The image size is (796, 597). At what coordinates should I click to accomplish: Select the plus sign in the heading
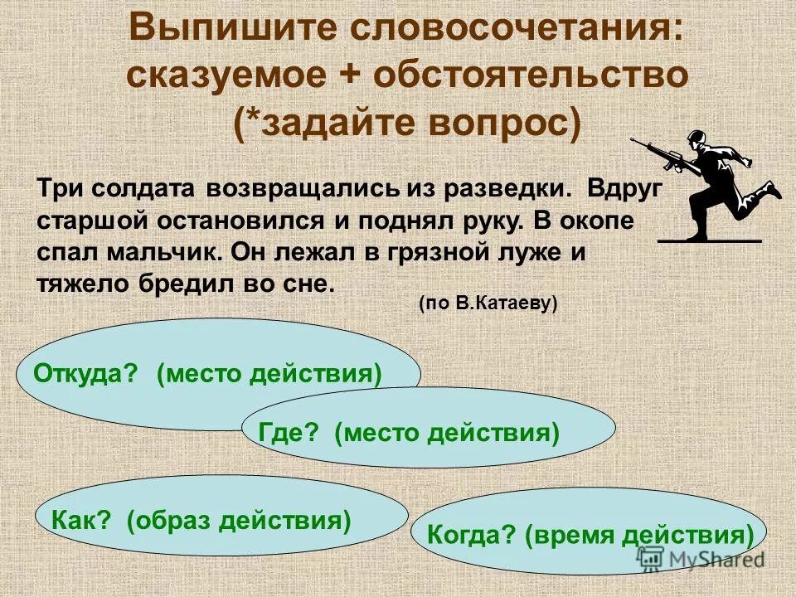tap(349, 76)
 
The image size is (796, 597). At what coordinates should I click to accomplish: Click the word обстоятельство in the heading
tap(531, 76)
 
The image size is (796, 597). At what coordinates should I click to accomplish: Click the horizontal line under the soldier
tap(710, 241)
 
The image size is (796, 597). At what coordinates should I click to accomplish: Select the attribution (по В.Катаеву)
tap(488, 303)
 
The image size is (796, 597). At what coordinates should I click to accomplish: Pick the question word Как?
tap(80, 520)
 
